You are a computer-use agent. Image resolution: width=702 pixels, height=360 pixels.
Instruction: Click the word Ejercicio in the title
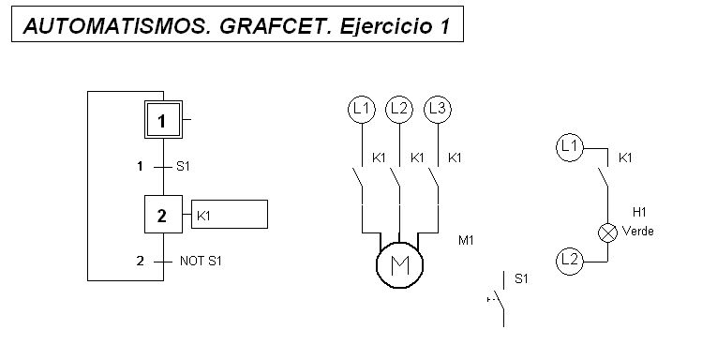pos(381,27)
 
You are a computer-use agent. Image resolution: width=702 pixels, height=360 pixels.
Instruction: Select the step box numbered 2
pos(162,215)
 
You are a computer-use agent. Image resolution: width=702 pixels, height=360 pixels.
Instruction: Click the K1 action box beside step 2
pos(230,215)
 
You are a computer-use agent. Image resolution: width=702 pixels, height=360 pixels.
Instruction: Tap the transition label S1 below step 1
pos(183,167)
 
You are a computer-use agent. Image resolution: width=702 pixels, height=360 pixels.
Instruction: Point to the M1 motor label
pos(466,241)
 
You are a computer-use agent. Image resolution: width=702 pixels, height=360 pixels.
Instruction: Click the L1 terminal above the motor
pos(362,110)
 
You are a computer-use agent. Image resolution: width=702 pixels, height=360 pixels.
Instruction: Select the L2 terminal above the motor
pos(399,110)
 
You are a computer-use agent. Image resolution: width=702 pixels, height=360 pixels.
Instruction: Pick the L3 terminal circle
pos(437,110)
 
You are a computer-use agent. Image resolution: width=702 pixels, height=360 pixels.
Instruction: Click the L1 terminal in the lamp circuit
pos(569,146)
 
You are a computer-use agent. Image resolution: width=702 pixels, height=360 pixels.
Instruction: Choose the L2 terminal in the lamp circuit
pos(569,260)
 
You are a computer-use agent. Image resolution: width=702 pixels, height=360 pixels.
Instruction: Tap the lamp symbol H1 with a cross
pos(607,232)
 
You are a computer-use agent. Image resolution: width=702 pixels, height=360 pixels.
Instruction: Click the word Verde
pos(638,232)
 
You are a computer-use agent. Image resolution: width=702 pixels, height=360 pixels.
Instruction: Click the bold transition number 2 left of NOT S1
pos(140,261)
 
